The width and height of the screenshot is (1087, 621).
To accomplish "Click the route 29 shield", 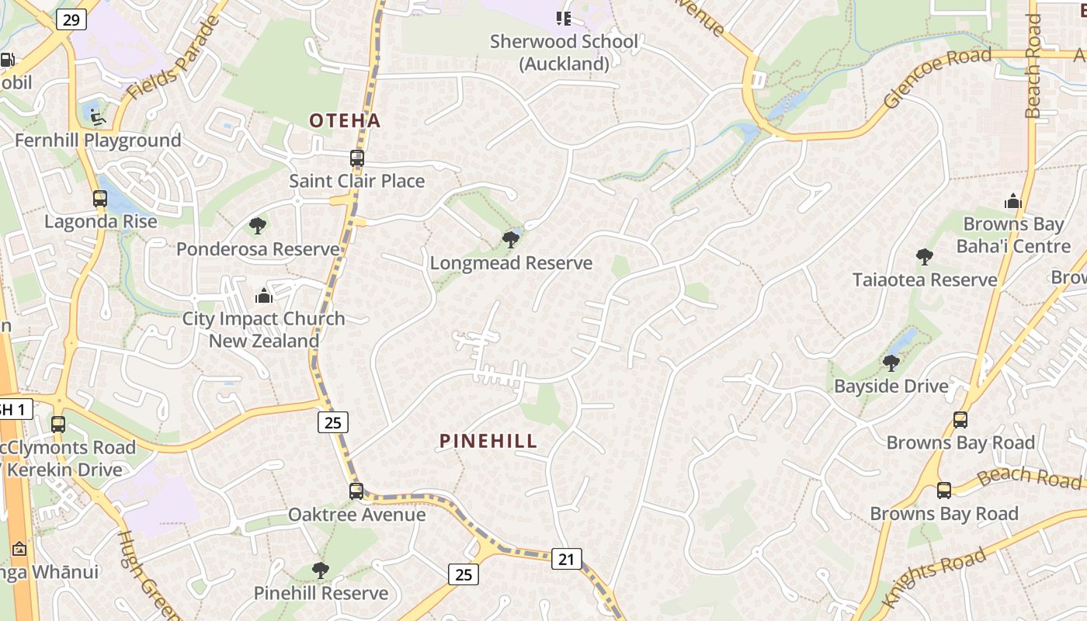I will [71, 19].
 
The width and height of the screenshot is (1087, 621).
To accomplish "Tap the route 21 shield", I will [567, 557].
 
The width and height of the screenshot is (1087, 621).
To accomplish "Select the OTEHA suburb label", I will [346, 120].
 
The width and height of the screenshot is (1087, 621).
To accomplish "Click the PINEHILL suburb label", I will [488, 441].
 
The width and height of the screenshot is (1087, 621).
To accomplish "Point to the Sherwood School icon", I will [564, 18].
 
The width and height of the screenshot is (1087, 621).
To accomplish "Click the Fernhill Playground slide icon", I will [97, 117].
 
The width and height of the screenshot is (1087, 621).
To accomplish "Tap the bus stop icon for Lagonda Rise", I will [100, 199].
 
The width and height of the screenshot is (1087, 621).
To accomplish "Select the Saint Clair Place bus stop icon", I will [356, 158].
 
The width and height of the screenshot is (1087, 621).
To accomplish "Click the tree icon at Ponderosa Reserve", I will [258, 226].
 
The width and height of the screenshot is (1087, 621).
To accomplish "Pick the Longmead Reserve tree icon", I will [510, 239].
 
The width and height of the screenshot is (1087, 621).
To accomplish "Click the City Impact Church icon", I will [264, 296].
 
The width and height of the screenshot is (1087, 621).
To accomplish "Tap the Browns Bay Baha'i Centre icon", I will [1012, 202].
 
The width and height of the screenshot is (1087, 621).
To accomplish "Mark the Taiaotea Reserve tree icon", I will [924, 256].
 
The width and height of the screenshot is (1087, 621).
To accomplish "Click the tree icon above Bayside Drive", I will [891, 363].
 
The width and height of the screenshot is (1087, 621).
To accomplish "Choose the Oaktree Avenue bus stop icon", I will [356, 491].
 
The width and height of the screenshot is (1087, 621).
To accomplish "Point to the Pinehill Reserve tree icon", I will [320, 571].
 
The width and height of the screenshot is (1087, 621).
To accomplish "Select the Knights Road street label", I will [935, 578].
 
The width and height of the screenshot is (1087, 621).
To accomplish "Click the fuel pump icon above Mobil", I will [7, 59].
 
